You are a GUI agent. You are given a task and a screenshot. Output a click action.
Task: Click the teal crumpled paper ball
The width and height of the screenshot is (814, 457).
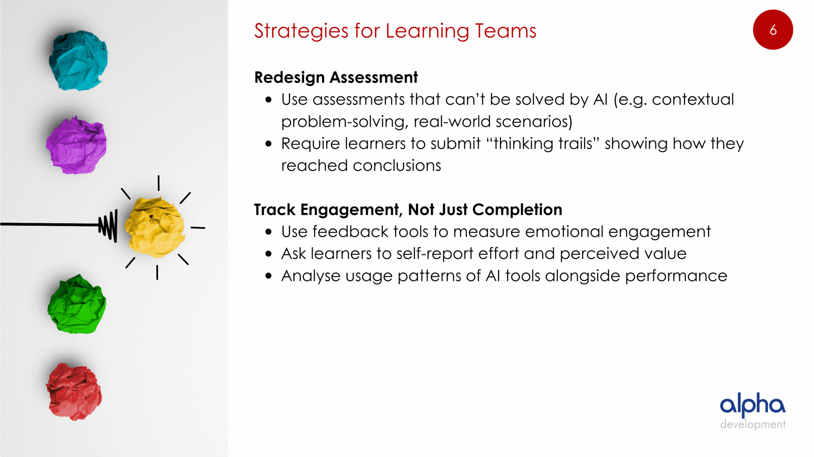[x=78, y=60]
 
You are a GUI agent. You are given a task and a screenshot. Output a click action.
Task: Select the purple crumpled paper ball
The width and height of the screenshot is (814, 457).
[x=76, y=145]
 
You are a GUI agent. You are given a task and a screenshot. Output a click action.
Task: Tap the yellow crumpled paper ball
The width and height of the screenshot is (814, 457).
[x=155, y=227]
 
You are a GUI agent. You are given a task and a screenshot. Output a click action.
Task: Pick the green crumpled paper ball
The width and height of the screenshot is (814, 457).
[x=77, y=304]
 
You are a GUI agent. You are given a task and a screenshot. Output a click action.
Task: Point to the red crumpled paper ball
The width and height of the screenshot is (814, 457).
[x=74, y=391]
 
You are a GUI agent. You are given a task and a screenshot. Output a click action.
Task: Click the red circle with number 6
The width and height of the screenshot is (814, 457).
[x=773, y=30]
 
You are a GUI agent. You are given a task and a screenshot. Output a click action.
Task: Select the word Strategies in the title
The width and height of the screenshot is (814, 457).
[x=302, y=31]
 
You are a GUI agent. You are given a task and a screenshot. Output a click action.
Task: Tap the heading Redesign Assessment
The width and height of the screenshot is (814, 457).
[x=336, y=77]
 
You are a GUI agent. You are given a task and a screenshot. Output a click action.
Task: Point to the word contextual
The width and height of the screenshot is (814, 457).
[x=693, y=99]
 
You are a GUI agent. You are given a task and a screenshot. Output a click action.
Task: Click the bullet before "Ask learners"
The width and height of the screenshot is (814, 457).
[x=269, y=254]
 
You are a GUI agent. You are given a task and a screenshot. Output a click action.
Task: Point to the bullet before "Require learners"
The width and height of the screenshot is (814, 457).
[x=269, y=144]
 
